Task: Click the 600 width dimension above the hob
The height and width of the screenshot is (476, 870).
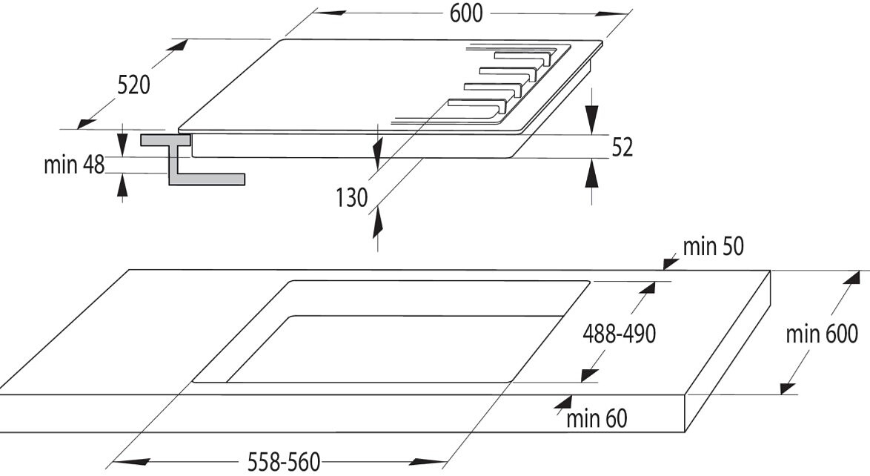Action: click(x=466, y=14)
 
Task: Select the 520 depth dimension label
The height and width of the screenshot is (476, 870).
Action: click(x=133, y=85)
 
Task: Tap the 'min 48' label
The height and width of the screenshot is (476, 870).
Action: click(x=74, y=165)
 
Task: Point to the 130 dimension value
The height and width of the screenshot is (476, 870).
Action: click(x=351, y=198)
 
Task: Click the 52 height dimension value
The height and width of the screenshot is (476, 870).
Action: click(x=622, y=148)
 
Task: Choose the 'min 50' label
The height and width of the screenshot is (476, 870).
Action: click(x=713, y=247)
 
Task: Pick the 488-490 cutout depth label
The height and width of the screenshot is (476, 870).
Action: click(x=620, y=334)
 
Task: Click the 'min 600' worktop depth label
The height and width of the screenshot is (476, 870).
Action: click(x=822, y=334)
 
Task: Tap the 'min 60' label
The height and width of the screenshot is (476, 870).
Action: click(x=597, y=418)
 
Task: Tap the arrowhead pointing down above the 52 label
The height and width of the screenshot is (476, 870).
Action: click(x=592, y=119)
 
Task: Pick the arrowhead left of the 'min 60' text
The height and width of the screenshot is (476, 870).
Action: click(x=564, y=404)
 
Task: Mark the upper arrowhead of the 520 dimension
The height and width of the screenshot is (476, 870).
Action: click(x=179, y=45)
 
